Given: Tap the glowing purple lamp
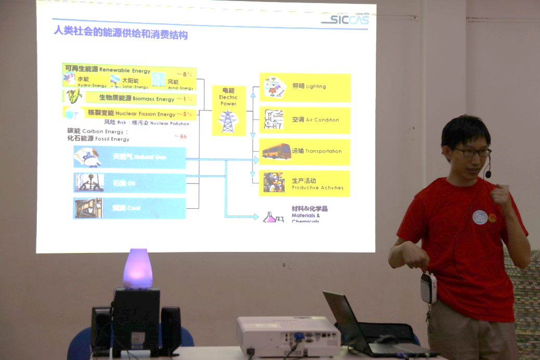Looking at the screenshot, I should click(x=138, y=269).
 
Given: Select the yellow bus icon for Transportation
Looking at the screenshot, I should click(x=276, y=152).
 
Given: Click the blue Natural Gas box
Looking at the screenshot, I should click(x=129, y=157).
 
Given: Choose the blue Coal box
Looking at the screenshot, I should click(x=129, y=208).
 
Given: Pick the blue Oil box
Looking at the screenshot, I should click(x=129, y=183).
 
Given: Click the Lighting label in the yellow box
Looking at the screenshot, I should click(x=309, y=86).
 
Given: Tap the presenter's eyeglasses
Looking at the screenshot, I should click(x=471, y=152).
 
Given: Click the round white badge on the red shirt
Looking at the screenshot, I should click(x=480, y=217).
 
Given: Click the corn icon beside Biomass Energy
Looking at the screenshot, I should click(x=74, y=96).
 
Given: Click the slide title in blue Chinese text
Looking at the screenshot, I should click(x=121, y=34).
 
